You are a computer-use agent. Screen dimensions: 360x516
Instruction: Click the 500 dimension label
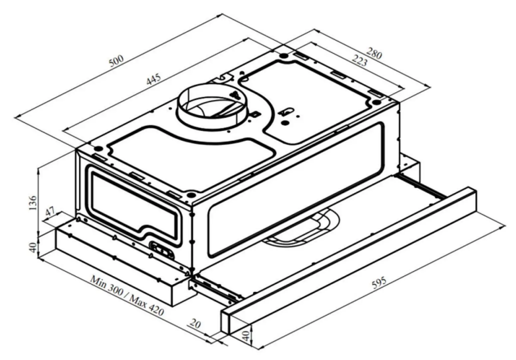pyautogui.click(x=117, y=61)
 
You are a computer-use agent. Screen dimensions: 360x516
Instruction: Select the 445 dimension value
pyautogui.click(x=154, y=79)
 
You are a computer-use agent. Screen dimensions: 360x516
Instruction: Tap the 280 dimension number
pyautogui.click(x=374, y=53)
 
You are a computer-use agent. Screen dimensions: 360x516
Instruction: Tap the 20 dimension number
pyautogui.click(x=196, y=323)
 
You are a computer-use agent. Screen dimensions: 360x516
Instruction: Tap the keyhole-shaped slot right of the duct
pyautogui.click(x=287, y=112)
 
